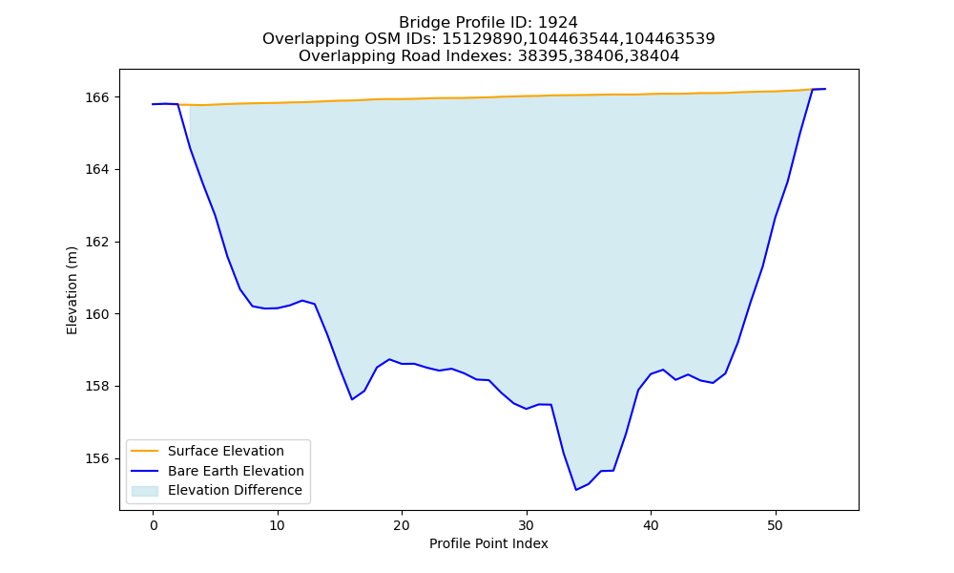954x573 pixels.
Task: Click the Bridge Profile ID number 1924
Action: [x=558, y=23]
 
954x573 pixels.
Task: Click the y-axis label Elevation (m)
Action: [x=72, y=290]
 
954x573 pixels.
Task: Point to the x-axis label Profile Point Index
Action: [x=488, y=543]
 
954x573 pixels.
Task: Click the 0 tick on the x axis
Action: [x=153, y=525]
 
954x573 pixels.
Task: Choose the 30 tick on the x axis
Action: [x=527, y=525]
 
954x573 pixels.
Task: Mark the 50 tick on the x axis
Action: [x=775, y=525]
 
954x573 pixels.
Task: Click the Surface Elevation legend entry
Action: [x=226, y=451]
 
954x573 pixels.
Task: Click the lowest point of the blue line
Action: [x=575, y=490]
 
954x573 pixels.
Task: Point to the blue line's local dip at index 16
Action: [x=352, y=399]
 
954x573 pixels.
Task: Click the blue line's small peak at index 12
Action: [x=302, y=300]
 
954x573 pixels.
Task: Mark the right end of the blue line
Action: [x=825, y=89]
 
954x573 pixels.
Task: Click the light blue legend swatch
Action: [x=145, y=491]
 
